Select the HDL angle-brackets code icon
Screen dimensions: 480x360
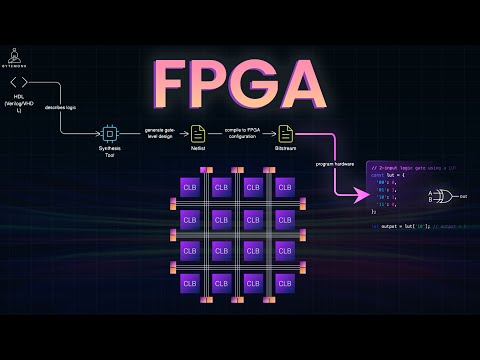tap(16, 82)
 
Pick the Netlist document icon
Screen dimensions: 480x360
tap(198, 132)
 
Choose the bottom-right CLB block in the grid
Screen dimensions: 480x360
tap(285, 282)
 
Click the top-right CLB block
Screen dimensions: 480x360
tap(285, 188)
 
